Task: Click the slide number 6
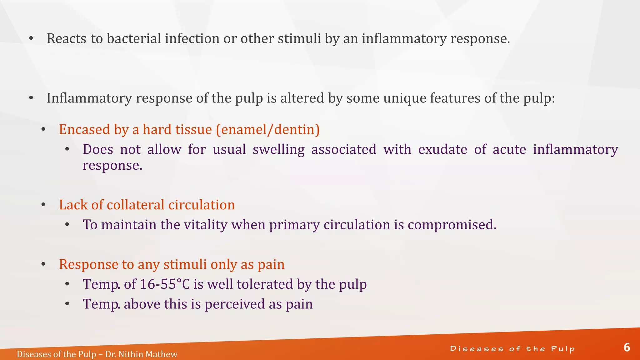pos(627,347)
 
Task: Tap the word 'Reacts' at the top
pos(67,39)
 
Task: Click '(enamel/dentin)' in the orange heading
pos(268,130)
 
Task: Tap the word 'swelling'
pos(278,150)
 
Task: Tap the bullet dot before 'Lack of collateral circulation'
pos(43,205)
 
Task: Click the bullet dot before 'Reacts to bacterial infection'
pos(31,39)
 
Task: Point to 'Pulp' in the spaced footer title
pos(563,349)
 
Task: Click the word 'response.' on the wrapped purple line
pos(112,165)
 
